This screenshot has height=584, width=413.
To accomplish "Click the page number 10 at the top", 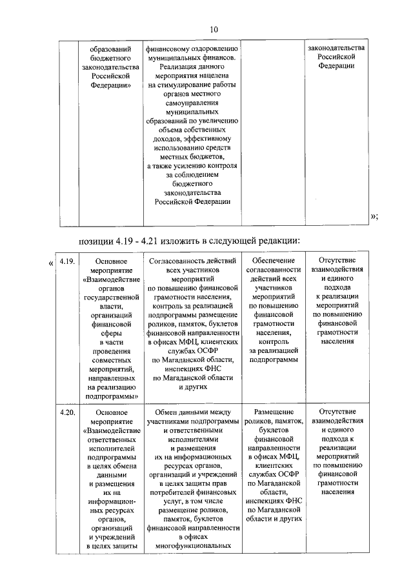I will pyautogui.click(x=214, y=29).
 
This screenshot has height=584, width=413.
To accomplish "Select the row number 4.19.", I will pyautogui.click(x=68, y=263).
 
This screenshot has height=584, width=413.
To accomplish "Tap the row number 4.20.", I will pyautogui.click(x=68, y=411).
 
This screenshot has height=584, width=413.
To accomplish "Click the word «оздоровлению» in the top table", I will pyautogui.click(x=213, y=48).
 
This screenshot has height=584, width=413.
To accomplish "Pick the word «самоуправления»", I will pyautogui.click(x=192, y=103).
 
